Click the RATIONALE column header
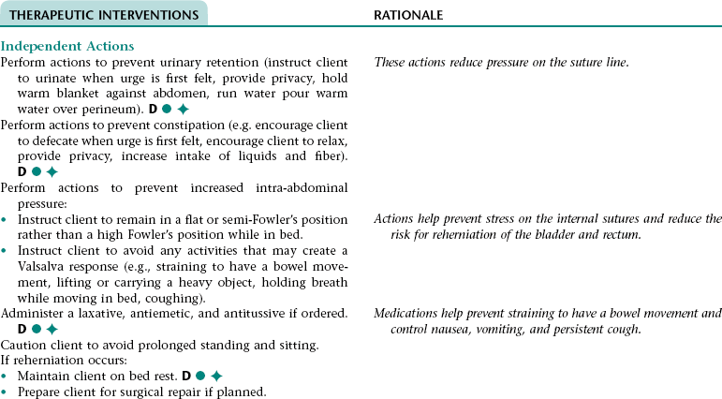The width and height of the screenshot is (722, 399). coord(408,16)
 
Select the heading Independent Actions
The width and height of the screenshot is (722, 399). coord(67,46)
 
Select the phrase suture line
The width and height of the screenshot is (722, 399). coord(597,62)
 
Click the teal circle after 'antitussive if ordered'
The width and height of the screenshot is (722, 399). coord(37,330)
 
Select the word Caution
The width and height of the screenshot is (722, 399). coord(23,345)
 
